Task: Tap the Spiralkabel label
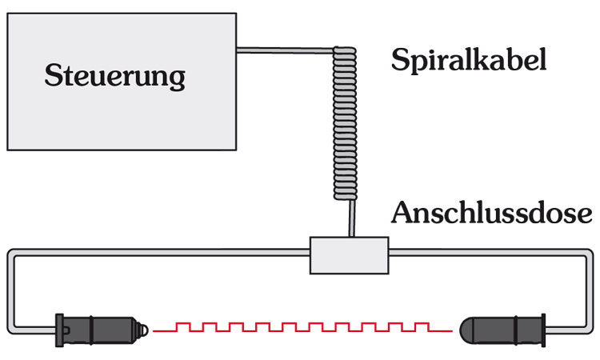pyautogui.click(x=469, y=60)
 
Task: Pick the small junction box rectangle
pyautogui.click(x=349, y=254)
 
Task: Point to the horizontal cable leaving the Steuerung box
pyautogui.click(x=284, y=51)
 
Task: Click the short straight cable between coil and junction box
pyautogui.click(x=350, y=218)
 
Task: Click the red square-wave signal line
pyautogui.click(x=304, y=327)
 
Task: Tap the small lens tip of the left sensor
pyautogui.click(x=145, y=327)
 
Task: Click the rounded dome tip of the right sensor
pyautogui.click(x=469, y=327)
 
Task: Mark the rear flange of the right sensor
pyautogui.click(x=542, y=327)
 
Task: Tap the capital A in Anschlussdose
pyautogui.click(x=402, y=214)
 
